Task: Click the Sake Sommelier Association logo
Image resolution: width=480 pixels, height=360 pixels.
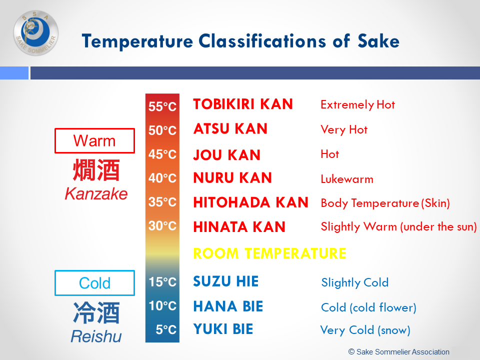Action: coord(36,33)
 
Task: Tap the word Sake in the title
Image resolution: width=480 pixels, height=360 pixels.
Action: coord(378,41)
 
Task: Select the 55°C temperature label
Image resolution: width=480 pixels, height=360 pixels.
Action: coord(162,106)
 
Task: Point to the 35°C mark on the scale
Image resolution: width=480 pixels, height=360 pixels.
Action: coord(162,202)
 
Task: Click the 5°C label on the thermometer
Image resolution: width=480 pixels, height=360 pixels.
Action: coord(166,329)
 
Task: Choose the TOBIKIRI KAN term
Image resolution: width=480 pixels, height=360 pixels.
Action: coord(243,104)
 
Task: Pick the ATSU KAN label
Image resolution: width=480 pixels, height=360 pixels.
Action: coord(230,128)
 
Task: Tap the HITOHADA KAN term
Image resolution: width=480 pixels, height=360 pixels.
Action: coord(250,202)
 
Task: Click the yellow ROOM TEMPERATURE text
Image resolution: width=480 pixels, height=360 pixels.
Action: coord(269,253)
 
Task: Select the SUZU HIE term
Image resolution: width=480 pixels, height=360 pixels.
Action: coord(226,281)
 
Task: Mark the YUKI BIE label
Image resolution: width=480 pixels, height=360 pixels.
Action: coord(223,329)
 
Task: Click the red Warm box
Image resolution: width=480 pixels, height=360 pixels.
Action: coord(94,141)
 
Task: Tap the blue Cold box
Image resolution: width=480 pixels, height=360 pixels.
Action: coord(94,283)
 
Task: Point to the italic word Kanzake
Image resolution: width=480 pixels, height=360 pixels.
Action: coord(96,194)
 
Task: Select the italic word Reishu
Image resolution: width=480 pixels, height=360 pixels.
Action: coord(96,336)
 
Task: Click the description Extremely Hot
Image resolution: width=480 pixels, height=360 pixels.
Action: coord(358,104)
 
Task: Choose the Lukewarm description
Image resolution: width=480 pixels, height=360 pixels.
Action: coord(347,179)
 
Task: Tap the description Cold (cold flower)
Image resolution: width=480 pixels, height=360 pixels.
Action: coord(368,307)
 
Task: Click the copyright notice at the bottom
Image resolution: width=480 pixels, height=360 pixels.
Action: coord(399,351)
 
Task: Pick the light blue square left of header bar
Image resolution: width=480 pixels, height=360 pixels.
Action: coord(14,73)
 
